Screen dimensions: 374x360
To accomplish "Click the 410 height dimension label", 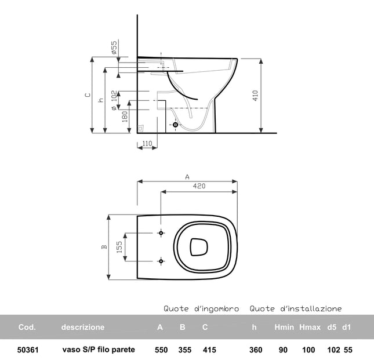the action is (x=256, y=96).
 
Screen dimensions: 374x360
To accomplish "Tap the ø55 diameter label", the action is (x=114, y=48).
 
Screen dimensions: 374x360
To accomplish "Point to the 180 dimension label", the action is (x=125, y=117).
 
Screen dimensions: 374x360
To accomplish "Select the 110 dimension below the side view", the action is (x=147, y=144).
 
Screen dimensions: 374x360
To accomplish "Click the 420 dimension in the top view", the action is (x=199, y=186).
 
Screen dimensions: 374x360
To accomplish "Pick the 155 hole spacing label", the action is (x=119, y=247).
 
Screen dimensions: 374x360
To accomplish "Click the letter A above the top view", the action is (x=187, y=177).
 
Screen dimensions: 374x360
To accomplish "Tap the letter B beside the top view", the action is (x=104, y=247).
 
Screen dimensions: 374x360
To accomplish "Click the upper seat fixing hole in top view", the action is (x=161, y=233).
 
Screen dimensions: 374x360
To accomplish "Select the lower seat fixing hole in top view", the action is (x=161, y=261).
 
